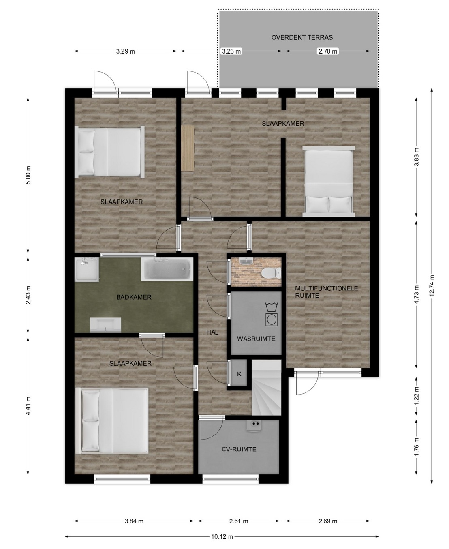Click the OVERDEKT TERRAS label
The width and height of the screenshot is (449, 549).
pos(302,37)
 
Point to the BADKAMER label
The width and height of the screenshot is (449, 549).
pos(134,297)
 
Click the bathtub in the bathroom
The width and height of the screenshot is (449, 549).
pos(167,269)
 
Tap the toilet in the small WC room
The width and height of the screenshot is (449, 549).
pos(271,272)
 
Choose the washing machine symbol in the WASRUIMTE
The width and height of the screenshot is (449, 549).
pos(272,314)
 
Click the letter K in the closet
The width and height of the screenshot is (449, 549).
pos(239,374)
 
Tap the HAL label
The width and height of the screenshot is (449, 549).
pos(212,332)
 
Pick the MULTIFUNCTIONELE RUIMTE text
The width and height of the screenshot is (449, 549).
pos(327,292)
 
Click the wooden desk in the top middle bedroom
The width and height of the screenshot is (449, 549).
pos(188,148)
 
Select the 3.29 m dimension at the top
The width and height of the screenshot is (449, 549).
pos(125,51)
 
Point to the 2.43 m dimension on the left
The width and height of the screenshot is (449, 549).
pos(28,295)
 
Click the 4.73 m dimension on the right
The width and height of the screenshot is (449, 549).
pos(417,294)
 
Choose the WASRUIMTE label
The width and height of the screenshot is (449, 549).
pos(256,339)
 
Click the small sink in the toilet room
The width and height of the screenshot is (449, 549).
pos(244,262)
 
